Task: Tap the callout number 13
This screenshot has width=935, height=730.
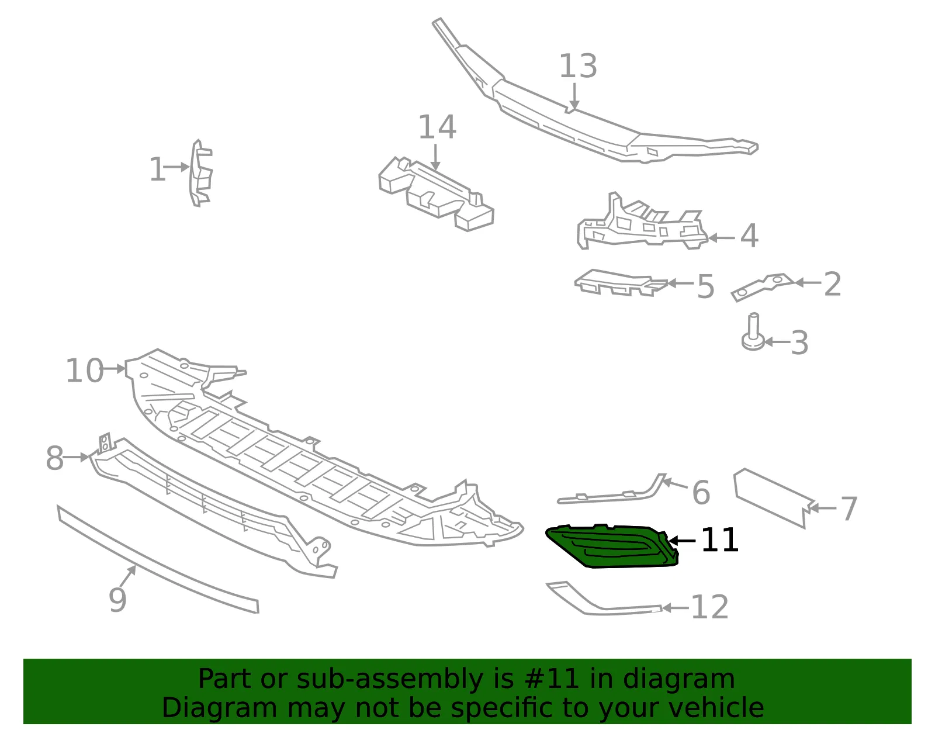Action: pos(578,66)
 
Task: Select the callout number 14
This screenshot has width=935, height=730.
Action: pos(437,127)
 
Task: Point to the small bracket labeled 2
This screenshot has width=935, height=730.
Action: pos(763,287)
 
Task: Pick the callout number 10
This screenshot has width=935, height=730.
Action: pos(84,371)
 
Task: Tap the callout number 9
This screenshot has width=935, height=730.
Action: pos(117,600)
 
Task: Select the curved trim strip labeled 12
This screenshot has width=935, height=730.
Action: pos(603,600)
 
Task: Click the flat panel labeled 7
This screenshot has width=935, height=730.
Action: pos(773,498)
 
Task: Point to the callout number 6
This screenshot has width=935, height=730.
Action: pos(701,493)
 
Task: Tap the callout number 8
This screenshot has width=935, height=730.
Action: pos(55,458)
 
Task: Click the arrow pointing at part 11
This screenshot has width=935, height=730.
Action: pos(681,541)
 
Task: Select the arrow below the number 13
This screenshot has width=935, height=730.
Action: pos(574,96)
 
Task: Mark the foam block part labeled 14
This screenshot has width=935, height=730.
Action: pos(437,193)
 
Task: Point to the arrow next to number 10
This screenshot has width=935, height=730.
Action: pos(115,369)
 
